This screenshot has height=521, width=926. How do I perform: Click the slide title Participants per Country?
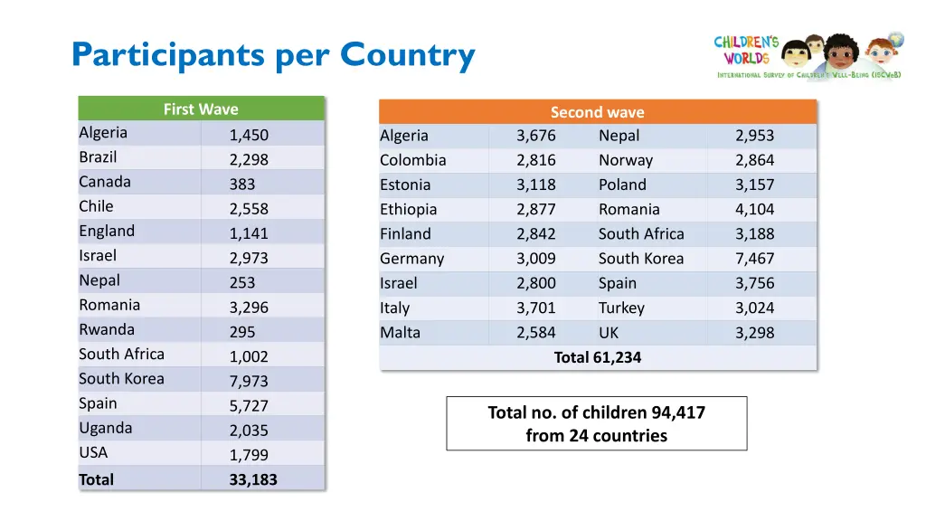pos(273,56)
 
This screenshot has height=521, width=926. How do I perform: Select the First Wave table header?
pos(201,109)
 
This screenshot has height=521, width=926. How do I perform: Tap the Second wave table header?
pos(597,112)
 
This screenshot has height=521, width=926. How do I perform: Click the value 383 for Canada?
pos(242,185)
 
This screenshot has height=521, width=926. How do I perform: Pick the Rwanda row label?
pos(107,329)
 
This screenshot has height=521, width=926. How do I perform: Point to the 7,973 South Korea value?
pos(249,381)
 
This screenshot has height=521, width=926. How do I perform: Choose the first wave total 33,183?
pos(253,479)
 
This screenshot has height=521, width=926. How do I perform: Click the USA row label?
pos(93,452)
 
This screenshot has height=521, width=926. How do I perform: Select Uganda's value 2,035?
pos(249,431)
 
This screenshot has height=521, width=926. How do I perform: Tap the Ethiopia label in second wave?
pos(408,209)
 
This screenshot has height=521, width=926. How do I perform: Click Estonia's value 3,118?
pos(536,185)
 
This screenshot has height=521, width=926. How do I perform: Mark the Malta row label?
pos(400,332)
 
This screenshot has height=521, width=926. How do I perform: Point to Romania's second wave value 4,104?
pos(754,209)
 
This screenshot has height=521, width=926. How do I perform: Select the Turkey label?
pos(621,308)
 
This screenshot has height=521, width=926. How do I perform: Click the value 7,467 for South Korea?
pos(754,259)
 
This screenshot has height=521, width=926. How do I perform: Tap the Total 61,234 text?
pos(597,357)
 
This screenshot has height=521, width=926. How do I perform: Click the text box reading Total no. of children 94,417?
pos(597,423)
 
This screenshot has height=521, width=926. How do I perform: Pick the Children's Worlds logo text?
pos(746,50)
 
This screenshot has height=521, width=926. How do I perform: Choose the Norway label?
pos(625,160)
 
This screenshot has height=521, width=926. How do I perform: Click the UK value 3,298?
pos(754,333)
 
